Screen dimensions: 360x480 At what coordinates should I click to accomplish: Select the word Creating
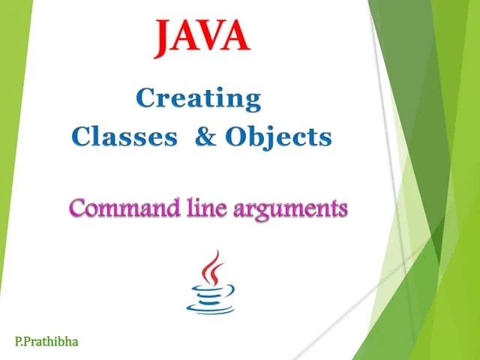pos(199,99)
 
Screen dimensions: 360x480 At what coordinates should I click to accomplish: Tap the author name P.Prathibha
pos(46,341)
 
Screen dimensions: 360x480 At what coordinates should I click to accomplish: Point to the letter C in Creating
pos(146,98)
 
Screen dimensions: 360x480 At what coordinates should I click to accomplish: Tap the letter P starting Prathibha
pos(27,341)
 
